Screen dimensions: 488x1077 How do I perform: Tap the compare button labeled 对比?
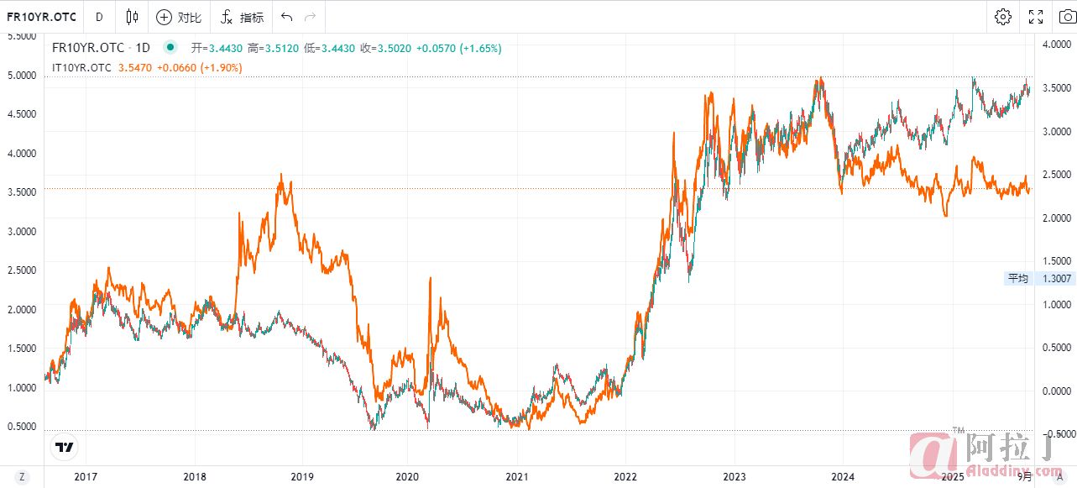179,17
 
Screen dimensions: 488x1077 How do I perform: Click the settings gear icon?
1003,17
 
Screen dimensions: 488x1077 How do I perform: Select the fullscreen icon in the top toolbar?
1036,17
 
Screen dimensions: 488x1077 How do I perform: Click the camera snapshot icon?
1067,17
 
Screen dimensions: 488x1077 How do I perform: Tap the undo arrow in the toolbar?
287,17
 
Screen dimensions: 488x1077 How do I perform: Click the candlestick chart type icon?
132,17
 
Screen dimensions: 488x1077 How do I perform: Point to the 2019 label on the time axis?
302,477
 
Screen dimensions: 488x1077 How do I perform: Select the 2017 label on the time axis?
86,477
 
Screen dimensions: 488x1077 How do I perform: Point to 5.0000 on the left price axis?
22,75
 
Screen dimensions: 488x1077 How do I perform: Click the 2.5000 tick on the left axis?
22,270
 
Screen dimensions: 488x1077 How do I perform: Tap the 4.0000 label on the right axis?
1053,45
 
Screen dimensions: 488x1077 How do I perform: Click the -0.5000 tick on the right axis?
1053,433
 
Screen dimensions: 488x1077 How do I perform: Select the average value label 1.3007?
1054,278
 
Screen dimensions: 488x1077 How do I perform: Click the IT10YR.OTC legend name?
81,67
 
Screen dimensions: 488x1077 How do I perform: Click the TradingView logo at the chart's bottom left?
64,447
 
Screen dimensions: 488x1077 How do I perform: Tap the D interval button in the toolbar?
99,17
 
